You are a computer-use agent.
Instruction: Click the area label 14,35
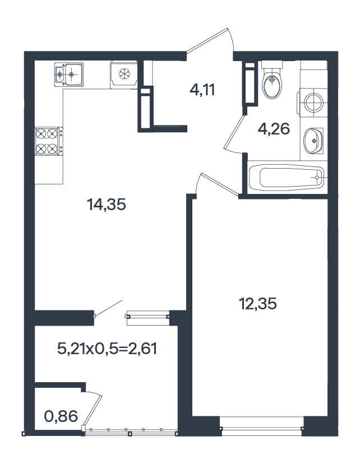[107, 205]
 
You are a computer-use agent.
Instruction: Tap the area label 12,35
[258, 304]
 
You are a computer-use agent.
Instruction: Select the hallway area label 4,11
[202, 90]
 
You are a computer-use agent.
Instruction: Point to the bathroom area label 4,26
[274, 129]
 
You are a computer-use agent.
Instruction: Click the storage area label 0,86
[61, 416]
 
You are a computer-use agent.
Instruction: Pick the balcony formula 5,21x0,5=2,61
[107, 349]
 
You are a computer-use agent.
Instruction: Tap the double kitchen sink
[68, 75]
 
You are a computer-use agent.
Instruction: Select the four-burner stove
[49, 141]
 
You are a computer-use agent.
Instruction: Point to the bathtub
[287, 178]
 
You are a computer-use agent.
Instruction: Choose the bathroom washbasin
[313, 141]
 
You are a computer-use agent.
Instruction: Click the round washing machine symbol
[313, 103]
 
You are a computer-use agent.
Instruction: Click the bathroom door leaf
[234, 132]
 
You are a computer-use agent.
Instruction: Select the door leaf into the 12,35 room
[220, 185]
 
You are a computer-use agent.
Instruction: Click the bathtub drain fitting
[317, 178]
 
